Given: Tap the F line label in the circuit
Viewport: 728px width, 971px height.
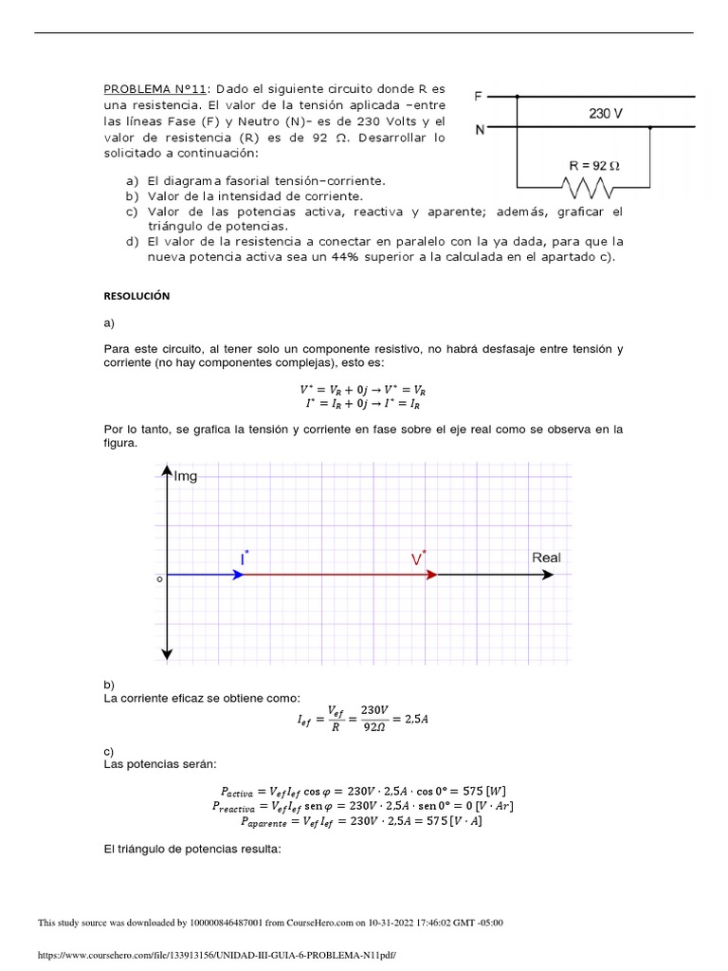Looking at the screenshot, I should [479, 96].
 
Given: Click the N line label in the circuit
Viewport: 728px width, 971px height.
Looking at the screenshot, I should [480, 130].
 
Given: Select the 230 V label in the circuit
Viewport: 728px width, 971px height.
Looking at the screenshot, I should [606, 113].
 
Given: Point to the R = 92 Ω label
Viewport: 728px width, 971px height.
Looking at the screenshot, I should [593, 165].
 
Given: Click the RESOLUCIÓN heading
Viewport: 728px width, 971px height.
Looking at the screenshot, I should [136, 296].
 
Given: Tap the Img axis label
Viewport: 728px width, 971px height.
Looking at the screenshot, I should [186, 476].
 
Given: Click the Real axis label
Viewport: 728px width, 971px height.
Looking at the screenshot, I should [546, 558].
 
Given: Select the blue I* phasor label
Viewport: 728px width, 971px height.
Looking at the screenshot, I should [245, 559].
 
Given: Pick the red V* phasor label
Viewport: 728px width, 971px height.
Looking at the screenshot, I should [418, 559].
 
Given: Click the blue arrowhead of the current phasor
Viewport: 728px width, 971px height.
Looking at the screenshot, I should [238, 575].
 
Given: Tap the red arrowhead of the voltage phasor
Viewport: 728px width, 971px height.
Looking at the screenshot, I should [430, 575].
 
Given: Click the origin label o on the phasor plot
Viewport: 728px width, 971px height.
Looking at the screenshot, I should [158, 577].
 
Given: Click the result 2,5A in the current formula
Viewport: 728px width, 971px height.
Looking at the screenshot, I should [415, 720].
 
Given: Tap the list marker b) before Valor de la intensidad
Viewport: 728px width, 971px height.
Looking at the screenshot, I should [131, 195].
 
